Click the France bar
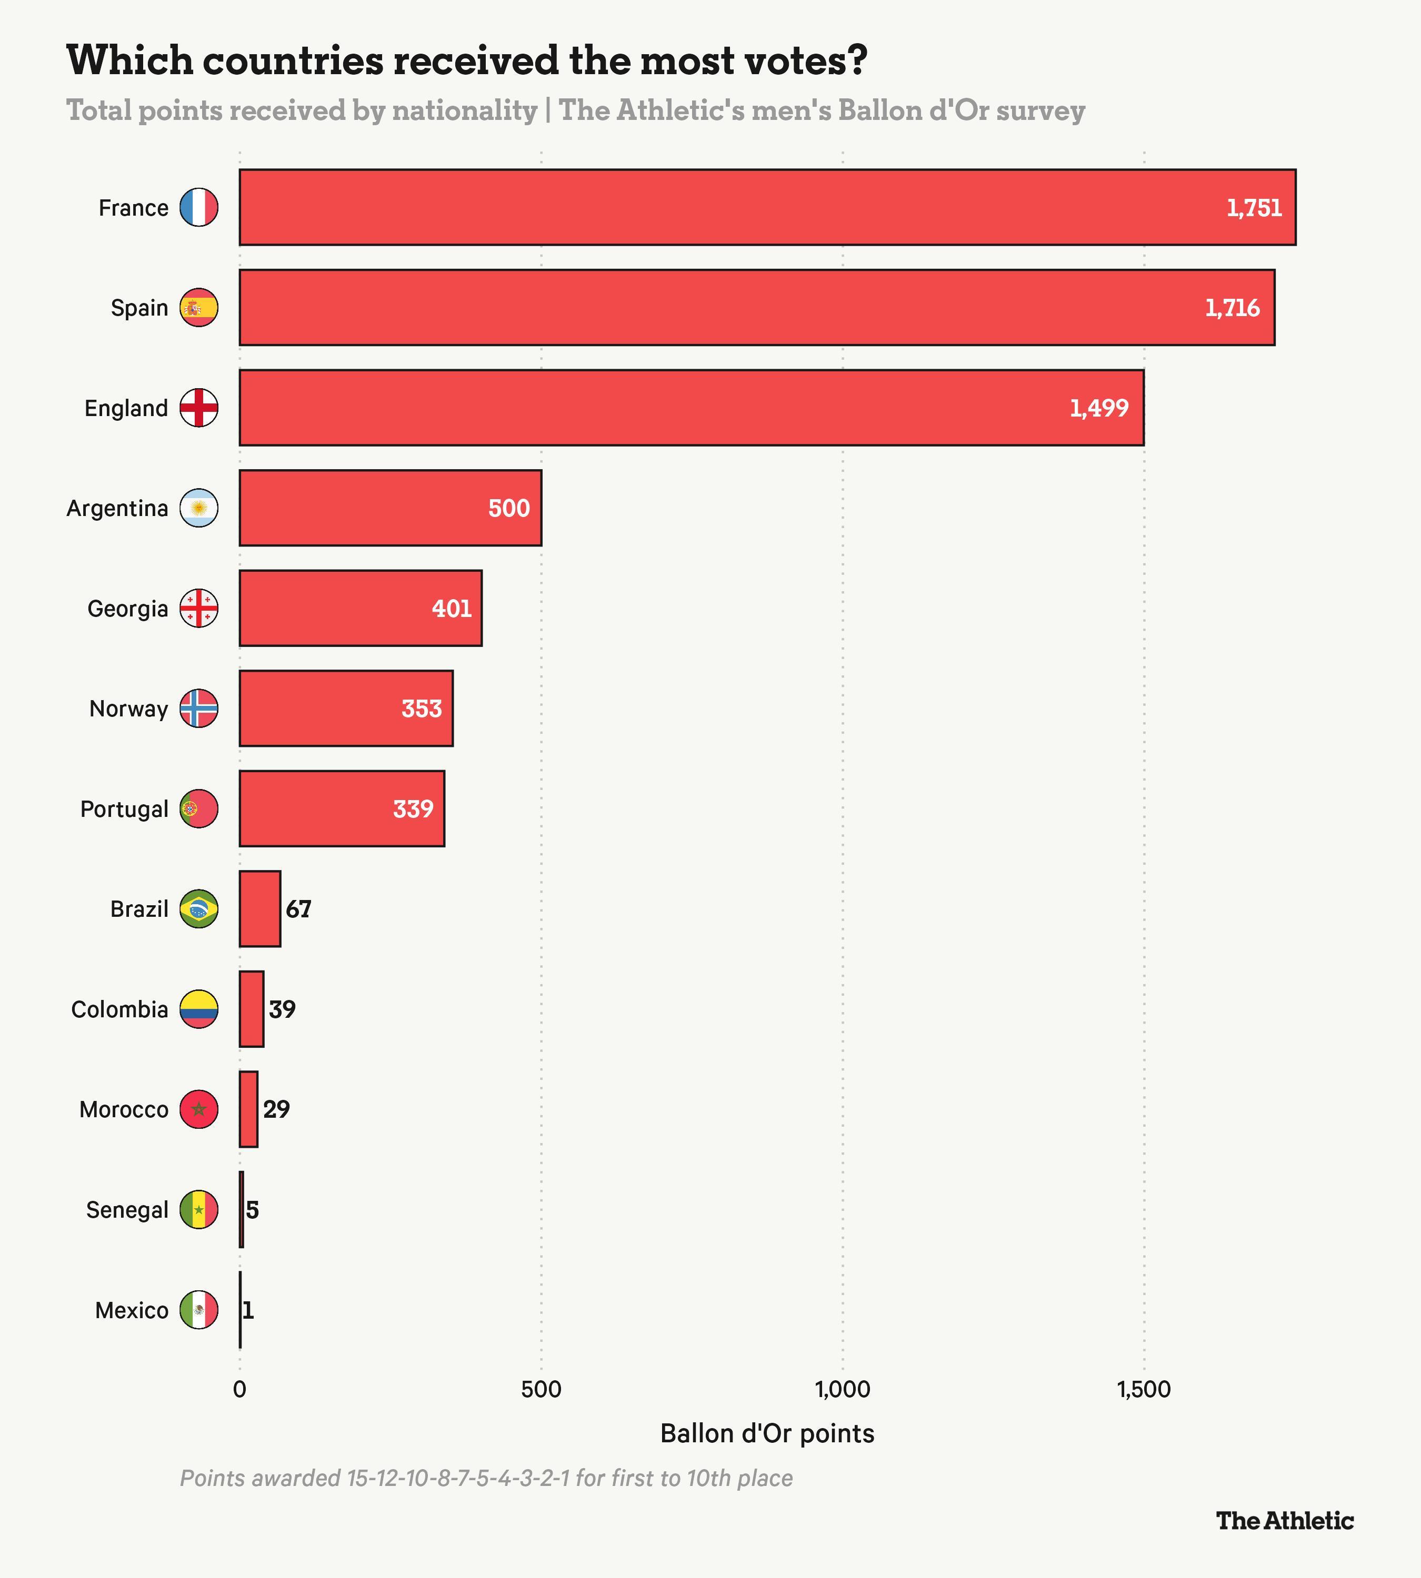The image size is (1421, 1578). click(x=767, y=207)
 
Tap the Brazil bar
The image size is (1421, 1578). click(x=260, y=908)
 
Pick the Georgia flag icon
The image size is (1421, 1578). click(x=199, y=608)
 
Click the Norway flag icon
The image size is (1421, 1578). click(x=199, y=709)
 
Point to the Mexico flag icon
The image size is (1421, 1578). click(x=199, y=1310)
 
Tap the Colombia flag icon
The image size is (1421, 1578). click(x=199, y=1009)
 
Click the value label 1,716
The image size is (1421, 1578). click(x=1232, y=308)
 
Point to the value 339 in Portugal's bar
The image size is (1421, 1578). click(x=413, y=808)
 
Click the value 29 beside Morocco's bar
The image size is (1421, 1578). click(x=276, y=1109)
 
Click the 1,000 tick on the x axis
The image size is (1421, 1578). click(x=843, y=1390)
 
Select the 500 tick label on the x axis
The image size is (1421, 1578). click(x=541, y=1390)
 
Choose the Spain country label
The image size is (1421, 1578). click(x=140, y=308)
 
